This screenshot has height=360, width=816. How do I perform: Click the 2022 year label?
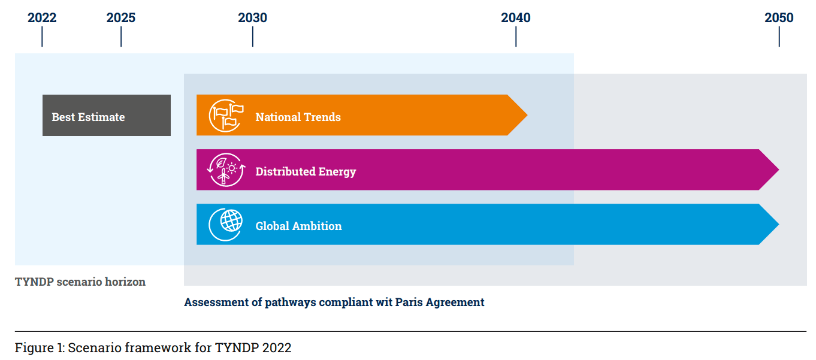tap(42, 17)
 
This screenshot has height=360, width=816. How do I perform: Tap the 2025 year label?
tap(121, 17)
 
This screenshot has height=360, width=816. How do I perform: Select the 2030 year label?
tap(252, 17)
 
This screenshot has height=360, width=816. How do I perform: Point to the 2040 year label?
tap(515, 17)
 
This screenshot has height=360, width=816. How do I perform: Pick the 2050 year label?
tap(779, 17)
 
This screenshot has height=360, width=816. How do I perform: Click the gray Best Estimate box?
tap(107, 115)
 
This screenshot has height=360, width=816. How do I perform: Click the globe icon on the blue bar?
tap(226, 225)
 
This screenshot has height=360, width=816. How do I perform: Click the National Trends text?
tap(298, 117)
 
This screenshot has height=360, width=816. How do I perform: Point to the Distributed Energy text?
tap(306, 172)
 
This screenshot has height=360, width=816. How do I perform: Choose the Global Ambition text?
tap(299, 226)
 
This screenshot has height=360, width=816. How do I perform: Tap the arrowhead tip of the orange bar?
tap(527, 115)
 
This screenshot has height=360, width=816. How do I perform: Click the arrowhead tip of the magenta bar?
tap(779, 170)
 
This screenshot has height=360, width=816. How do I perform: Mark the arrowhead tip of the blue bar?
tap(779, 224)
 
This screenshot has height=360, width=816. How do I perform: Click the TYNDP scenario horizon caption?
tap(80, 282)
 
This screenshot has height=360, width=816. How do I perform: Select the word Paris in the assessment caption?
tap(409, 302)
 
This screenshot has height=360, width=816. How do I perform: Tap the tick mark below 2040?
tap(516, 37)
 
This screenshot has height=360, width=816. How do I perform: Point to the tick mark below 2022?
tap(42, 37)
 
